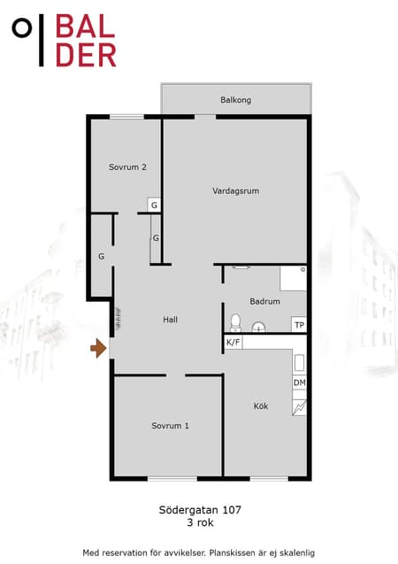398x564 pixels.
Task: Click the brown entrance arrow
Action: click(x=98, y=348)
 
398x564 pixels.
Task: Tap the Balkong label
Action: click(x=235, y=100)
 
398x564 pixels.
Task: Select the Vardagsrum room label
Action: click(x=235, y=191)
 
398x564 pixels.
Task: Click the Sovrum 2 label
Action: click(x=127, y=166)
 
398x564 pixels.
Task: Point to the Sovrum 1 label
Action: click(x=170, y=426)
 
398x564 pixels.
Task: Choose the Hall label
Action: click(x=171, y=320)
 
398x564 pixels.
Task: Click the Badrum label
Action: click(x=265, y=301)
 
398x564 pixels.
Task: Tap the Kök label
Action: click(x=261, y=406)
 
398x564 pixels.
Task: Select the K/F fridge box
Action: click(x=233, y=342)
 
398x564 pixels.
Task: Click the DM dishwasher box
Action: click(x=299, y=382)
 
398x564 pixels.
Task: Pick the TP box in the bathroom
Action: click(x=299, y=325)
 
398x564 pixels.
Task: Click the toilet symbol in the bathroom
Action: click(x=235, y=322)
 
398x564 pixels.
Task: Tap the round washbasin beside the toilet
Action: click(x=258, y=327)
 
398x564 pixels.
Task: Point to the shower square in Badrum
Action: click(x=294, y=278)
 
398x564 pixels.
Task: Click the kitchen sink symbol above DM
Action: click(x=299, y=363)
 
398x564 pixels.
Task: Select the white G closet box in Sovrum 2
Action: click(x=154, y=205)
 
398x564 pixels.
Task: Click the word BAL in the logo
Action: click(x=86, y=27)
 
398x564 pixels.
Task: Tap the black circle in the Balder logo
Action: click(x=22, y=28)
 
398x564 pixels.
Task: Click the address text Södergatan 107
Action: click(x=200, y=510)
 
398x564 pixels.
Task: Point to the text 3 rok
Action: click(x=200, y=522)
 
